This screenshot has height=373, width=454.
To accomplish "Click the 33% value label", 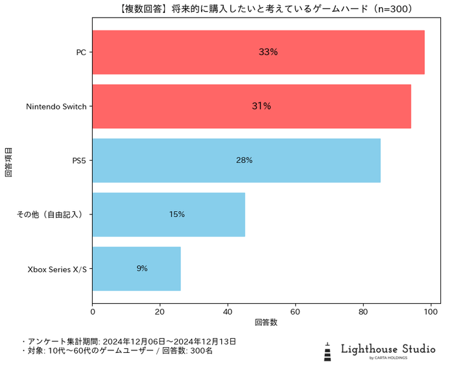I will tap(268, 52).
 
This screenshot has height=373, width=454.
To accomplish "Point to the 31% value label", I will tap(261, 106).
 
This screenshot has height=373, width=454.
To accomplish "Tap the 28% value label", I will tap(245, 161).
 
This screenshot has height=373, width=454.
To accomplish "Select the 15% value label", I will tap(177, 214).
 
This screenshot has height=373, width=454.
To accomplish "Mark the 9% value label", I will tap(142, 269).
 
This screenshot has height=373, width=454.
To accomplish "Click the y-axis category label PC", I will tap(81, 52).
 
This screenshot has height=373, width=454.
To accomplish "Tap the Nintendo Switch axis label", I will tap(56, 106).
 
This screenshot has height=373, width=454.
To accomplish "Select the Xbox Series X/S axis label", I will tap(57, 269).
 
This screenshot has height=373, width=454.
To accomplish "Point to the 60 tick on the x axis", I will tap(296, 311).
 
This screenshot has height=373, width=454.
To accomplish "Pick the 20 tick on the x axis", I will tap(160, 311).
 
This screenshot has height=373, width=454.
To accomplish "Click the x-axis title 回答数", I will tap(266, 322).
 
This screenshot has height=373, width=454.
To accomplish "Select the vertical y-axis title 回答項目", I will tap(8, 161).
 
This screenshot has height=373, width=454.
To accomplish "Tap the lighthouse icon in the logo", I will tap(328, 351).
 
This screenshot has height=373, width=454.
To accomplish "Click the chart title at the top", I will tap(266, 9).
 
